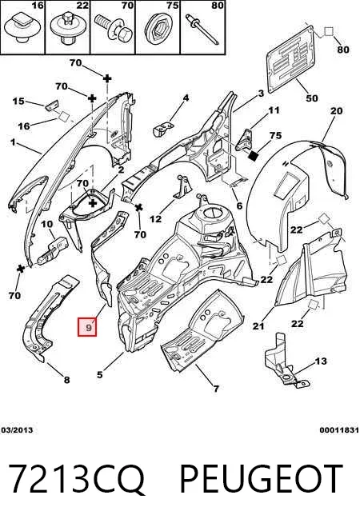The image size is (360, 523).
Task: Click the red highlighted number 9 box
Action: click(87, 327)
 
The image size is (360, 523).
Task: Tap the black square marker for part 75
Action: click(254, 155)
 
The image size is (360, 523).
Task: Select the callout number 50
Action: click(312, 98)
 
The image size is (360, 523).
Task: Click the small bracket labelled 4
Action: click(162, 129)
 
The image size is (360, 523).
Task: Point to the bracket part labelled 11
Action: click(245, 140)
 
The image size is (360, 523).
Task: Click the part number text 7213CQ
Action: click(77, 479)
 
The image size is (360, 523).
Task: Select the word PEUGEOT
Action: click(262, 478)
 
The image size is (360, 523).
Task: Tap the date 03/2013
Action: click(17, 430)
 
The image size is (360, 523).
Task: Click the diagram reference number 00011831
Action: click(339, 430)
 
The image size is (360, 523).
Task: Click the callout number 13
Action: click(321, 361)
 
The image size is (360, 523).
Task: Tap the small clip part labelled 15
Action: click(52, 105)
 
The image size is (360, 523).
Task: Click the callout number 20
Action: click(336, 110)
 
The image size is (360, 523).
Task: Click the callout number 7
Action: click(216, 388)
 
